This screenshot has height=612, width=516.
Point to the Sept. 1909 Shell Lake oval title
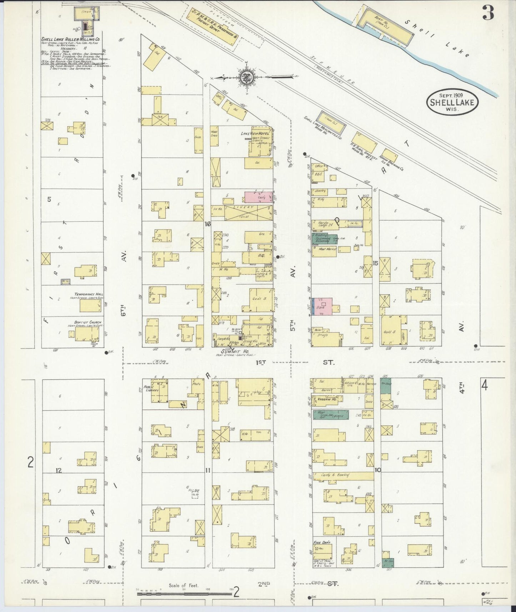(452, 102)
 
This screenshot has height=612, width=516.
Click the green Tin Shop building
(385, 386)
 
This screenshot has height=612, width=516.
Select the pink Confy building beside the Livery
(259, 196)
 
